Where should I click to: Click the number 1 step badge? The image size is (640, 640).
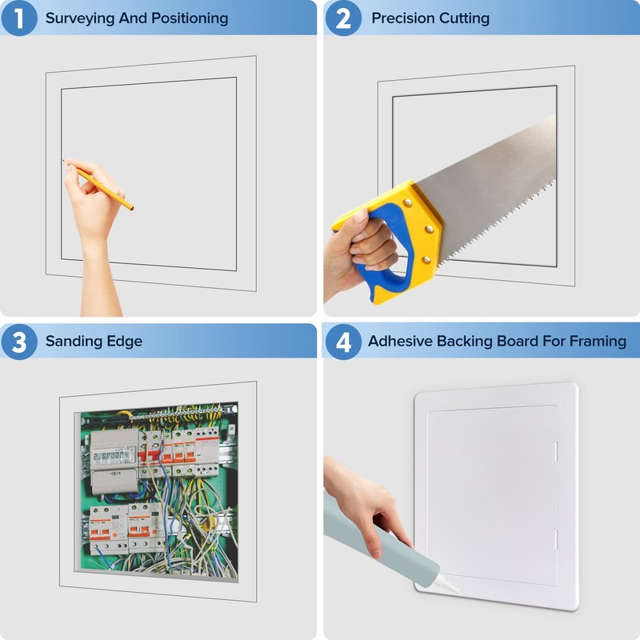pyautogui.click(x=19, y=18)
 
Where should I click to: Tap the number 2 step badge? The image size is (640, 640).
pyautogui.click(x=342, y=18)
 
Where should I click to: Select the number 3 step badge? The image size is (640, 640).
pyautogui.click(x=19, y=342)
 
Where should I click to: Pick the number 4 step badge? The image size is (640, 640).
pyautogui.click(x=342, y=342)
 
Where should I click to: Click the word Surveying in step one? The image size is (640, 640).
pyautogui.click(x=80, y=18)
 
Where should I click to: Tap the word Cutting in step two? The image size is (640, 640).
pyautogui.click(x=462, y=18)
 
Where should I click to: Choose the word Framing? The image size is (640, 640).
pyautogui.click(x=598, y=342)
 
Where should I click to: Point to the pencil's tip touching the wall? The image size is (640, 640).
pyautogui.click(x=63, y=160)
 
